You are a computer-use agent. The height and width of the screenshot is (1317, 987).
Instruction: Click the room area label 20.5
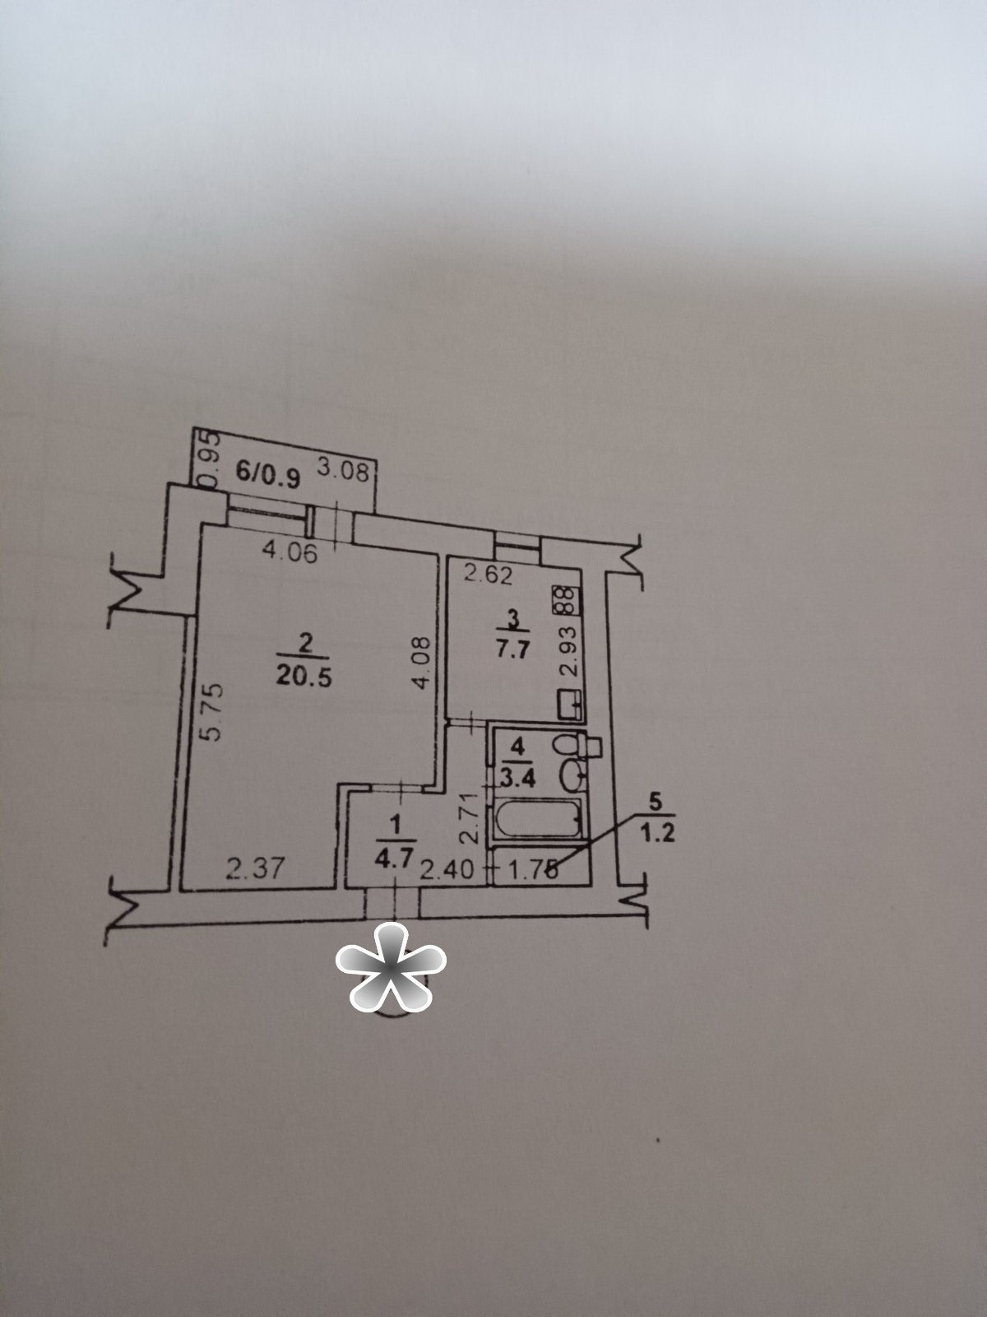pyautogui.click(x=304, y=677)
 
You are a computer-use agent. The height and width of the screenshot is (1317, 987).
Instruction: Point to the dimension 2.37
pyautogui.click(x=253, y=868)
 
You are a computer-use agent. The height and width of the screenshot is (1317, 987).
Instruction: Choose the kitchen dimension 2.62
pyautogui.click(x=489, y=577)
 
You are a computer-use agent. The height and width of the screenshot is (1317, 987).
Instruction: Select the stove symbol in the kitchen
pyautogui.click(x=567, y=601)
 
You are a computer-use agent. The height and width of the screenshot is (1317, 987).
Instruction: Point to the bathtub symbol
pyautogui.click(x=537, y=818)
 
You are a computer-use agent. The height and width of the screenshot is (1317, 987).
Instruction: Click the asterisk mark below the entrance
pyautogui.click(x=391, y=975)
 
